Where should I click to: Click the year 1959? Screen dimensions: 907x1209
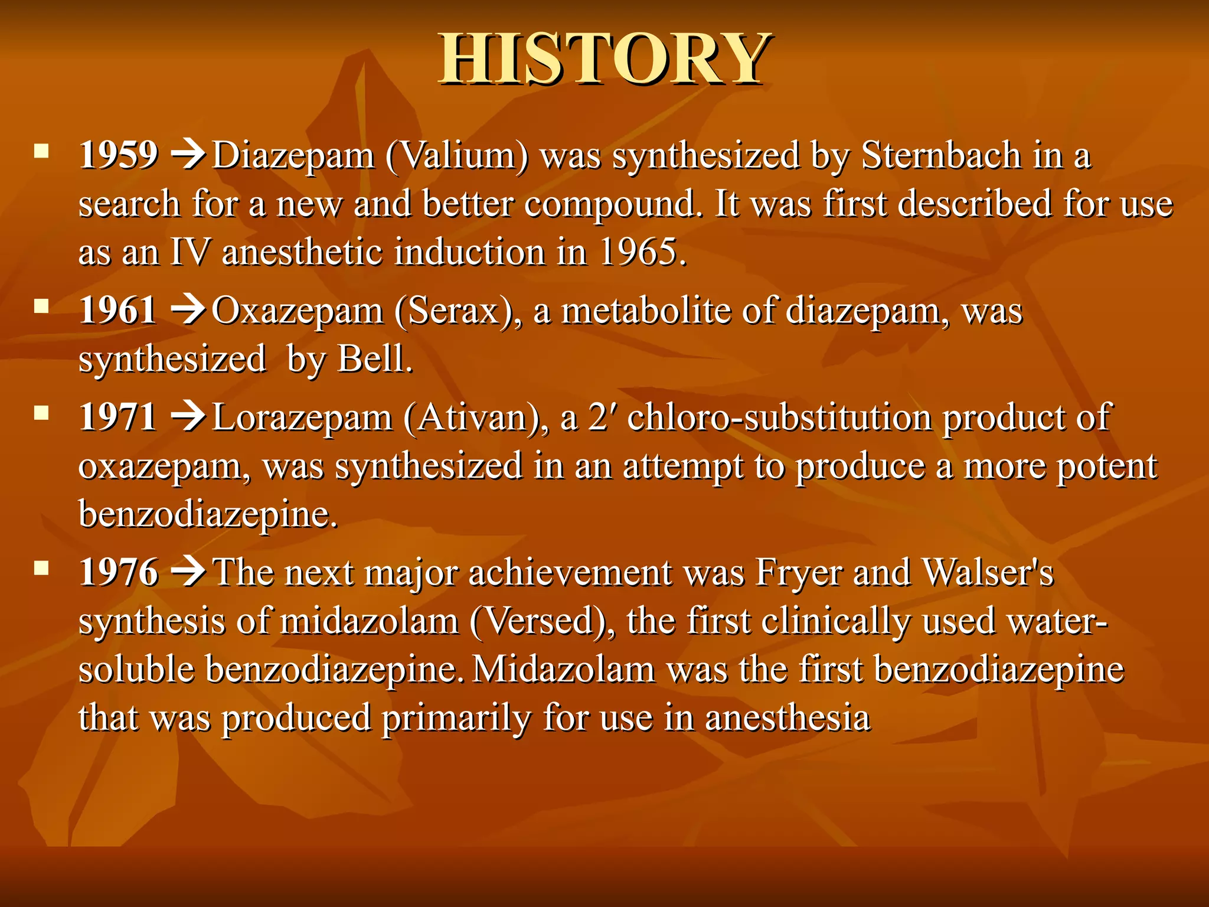click(119, 156)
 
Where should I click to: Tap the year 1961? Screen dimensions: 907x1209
click(117, 311)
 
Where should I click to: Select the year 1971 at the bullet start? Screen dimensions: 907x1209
click(117, 417)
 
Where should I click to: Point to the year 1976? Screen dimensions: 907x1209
click(119, 572)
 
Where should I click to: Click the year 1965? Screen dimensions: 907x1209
click(642, 252)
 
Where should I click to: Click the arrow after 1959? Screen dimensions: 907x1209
click(188, 156)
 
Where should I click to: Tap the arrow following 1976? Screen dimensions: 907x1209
click(188, 572)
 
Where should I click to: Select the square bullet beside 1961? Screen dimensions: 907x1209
click(41, 306)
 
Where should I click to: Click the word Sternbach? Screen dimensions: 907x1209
click(941, 156)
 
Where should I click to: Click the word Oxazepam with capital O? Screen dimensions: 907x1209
click(297, 312)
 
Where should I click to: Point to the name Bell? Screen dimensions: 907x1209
click(374, 359)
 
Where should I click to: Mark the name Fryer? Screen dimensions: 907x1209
click(799, 573)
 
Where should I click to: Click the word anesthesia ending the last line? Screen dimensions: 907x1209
click(788, 718)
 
